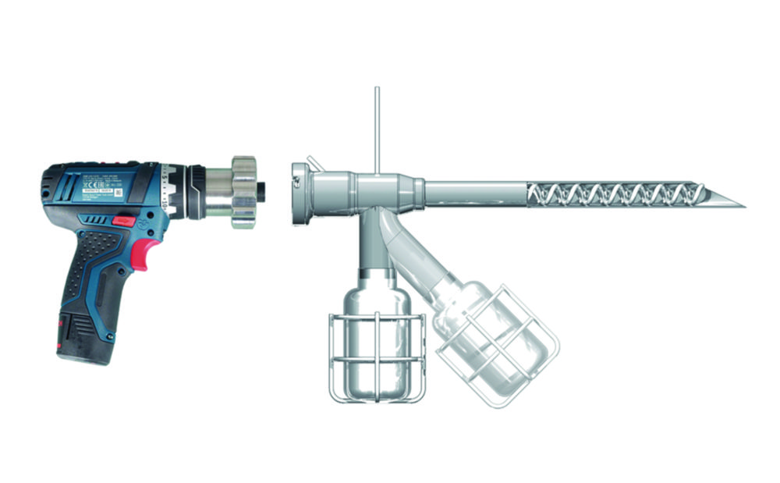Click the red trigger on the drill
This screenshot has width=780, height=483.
click(140, 252)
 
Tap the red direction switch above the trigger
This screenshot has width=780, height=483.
click(122, 222)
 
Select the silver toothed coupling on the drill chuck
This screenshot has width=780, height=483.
click(243, 192)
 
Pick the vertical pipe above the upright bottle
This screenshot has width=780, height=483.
click(375, 246)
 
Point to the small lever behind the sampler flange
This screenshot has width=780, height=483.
click(313, 163)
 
